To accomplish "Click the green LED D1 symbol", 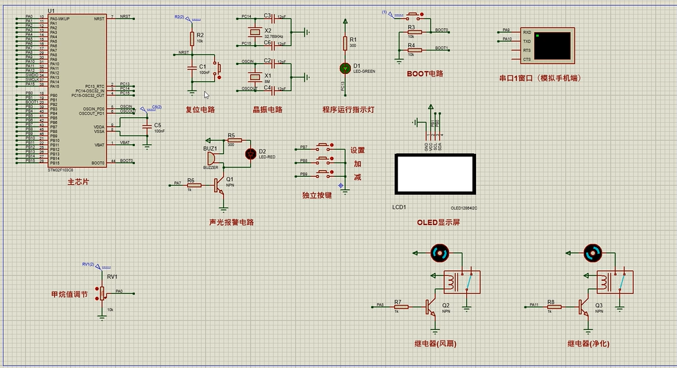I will [345, 67].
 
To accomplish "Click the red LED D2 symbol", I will [249, 154].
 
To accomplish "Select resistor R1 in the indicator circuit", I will [345, 43].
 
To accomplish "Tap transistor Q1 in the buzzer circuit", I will [221, 186].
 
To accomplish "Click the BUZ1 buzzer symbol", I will [211, 158].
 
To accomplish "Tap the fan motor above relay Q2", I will [439, 252].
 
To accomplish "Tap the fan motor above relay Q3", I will [593, 252].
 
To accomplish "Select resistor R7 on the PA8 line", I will [400, 306].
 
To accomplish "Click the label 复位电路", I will [200, 109].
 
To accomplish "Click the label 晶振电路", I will [267, 109].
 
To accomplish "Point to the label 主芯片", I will [77, 182].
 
